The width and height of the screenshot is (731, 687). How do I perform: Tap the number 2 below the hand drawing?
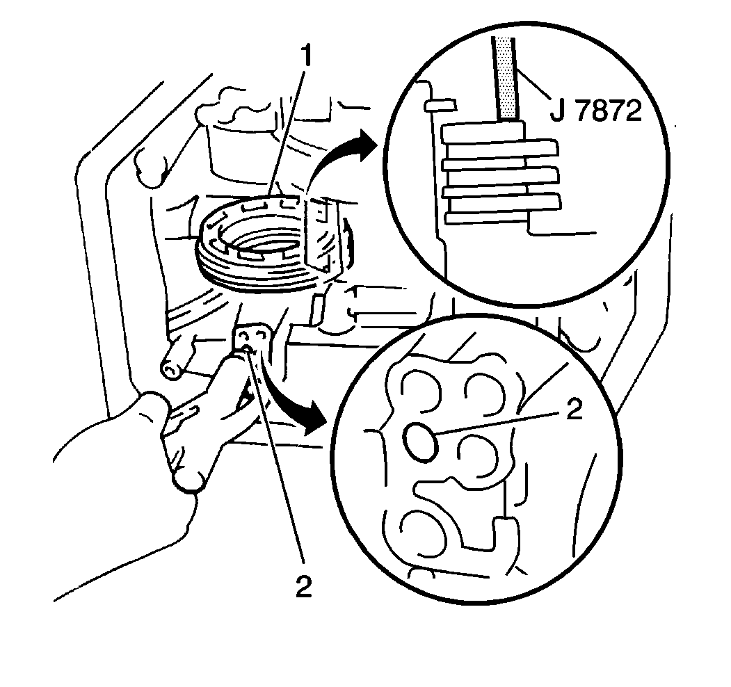(x=303, y=586)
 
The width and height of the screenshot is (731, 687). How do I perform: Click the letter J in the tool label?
(x=556, y=111)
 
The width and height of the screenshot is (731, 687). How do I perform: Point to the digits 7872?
(x=609, y=111)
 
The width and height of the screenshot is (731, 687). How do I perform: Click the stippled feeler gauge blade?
(x=506, y=79)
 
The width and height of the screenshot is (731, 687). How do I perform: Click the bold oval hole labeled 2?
(x=420, y=442)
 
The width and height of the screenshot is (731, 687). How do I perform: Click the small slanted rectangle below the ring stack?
(x=316, y=309)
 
